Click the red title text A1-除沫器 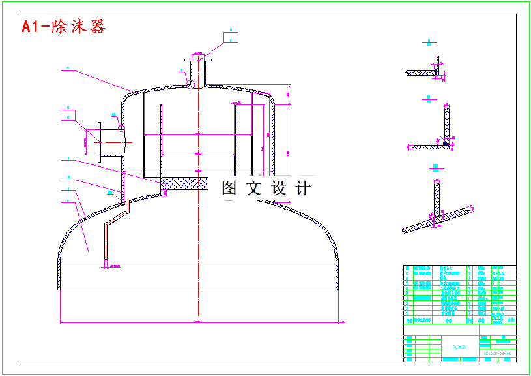[x=63, y=27]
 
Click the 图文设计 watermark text [x=266, y=189]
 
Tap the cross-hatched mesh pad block [x=185, y=183]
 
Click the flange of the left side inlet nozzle [x=99, y=141]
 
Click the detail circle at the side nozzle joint [x=121, y=129]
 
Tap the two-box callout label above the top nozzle [x=231, y=35]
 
